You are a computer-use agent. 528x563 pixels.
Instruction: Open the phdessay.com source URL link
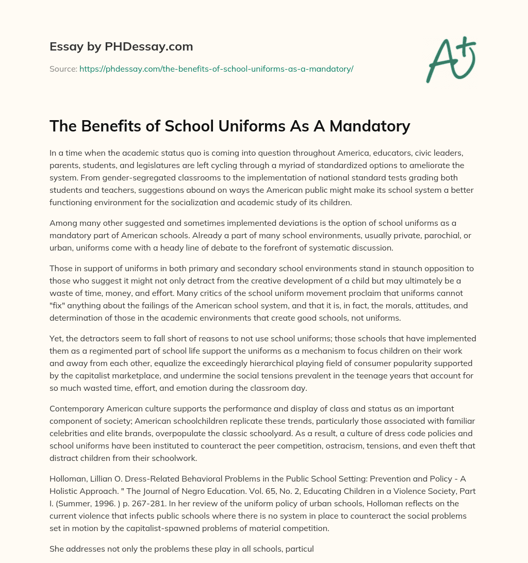(x=216, y=69)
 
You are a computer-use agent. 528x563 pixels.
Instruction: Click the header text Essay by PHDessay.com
(x=121, y=47)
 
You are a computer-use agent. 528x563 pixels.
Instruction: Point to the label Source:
(x=63, y=69)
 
